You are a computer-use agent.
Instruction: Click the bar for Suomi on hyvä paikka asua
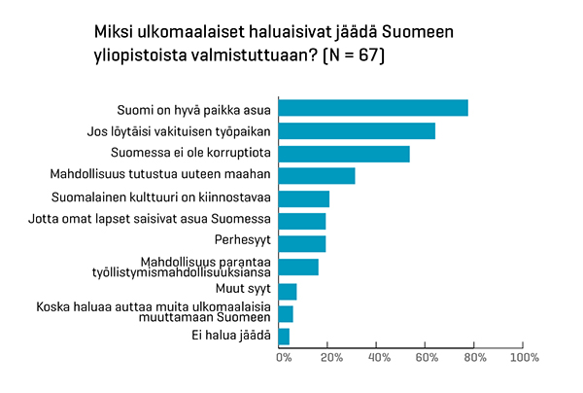click(x=373, y=108)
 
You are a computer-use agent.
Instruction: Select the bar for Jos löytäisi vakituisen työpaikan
click(x=357, y=130)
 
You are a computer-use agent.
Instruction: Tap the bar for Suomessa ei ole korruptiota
click(x=344, y=154)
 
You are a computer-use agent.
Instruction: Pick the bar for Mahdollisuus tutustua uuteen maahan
click(x=317, y=176)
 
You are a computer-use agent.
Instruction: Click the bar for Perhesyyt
click(x=302, y=243)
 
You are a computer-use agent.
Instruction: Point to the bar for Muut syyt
click(x=288, y=291)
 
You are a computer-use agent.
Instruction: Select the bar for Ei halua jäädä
click(x=284, y=337)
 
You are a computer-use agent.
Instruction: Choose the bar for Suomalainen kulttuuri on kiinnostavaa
click(x=304, y=198)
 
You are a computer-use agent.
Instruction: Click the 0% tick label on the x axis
click(x=284, y=359)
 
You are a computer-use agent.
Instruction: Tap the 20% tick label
click(x=329, y=359)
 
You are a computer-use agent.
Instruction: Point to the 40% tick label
click(x=378, y=359)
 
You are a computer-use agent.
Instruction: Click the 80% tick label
click(x=475, y=359)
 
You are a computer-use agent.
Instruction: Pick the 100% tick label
click(x=524, y=359)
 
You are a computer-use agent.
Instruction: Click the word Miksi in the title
click(x=114, y=33)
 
